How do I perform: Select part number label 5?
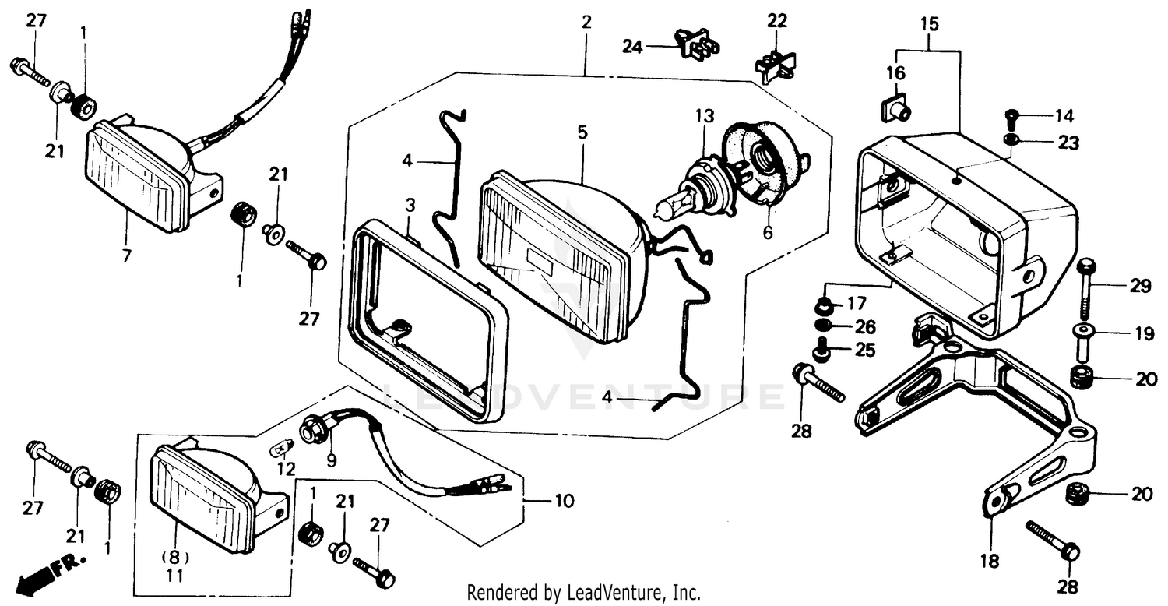point(582,132)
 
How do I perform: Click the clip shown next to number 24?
point(695,44)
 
